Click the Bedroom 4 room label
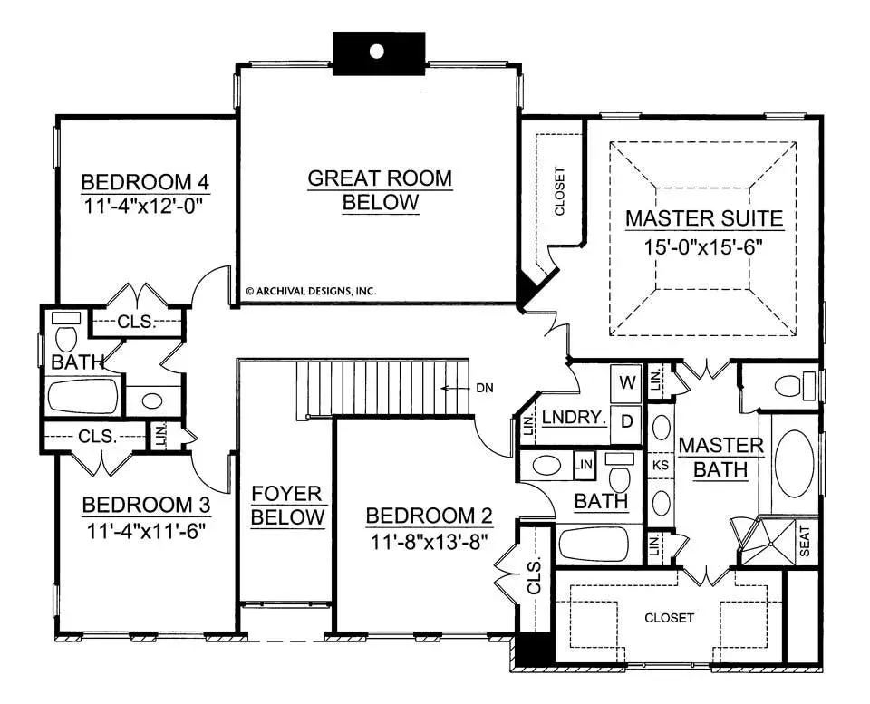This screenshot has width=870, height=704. point(145,182)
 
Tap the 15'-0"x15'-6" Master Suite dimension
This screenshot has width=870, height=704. point(703,246)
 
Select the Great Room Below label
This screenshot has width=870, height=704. point(380,189)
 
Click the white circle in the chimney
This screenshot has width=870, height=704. point(377,52)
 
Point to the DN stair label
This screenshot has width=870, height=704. point(484,388)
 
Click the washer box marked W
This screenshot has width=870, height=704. point(626,382)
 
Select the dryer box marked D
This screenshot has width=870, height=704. point(626,421)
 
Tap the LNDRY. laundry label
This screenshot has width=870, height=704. point(575,418)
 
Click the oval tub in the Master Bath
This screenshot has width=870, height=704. point(795,464)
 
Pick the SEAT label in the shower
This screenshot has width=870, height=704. point(805,541)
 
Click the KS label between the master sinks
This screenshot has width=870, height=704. point(661,465)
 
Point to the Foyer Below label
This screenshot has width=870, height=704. point(287,505)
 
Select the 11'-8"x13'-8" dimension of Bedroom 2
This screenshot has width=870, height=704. point(429,541)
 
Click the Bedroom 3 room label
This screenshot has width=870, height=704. point(147,505)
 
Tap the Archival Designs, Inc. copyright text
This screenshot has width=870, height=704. point(311,291)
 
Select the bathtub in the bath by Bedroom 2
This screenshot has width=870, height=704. point(594,545)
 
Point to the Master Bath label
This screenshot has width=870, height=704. point(720,458)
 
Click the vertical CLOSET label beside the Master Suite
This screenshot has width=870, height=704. point(559,191)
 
